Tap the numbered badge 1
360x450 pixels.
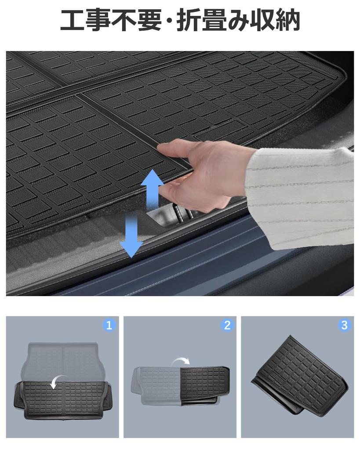pos(109,325)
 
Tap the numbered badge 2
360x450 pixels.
pos(227,325)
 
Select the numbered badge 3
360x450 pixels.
pos(344,325)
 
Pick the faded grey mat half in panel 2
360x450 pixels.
pos(156,385)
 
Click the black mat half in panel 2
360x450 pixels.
pos(204,382)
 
